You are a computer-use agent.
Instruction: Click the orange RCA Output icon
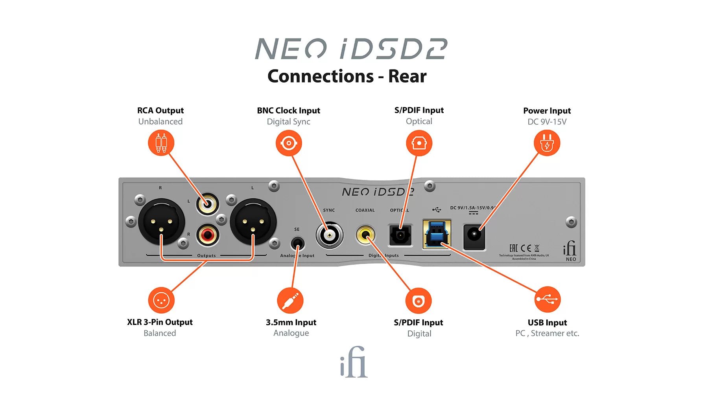click(x=161, y=143)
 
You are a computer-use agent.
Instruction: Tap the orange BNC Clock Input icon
click(x=289, y=143)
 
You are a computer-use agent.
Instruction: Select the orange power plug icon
click(x=547, y=143)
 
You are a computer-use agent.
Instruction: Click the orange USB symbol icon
click(x=547, y=299)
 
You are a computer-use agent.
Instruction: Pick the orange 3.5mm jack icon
click(x=290, y=301)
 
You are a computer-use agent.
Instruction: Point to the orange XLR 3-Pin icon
click(x=161, y=301)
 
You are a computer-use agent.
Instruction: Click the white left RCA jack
click(x=207, y=204)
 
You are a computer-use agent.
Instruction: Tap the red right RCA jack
click(x=207, y=235)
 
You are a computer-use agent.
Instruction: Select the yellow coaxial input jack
click(x=366, y=235)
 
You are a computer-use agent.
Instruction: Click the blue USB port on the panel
click(x=436, y=234)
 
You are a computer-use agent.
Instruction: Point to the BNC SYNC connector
click(x=329, y=235)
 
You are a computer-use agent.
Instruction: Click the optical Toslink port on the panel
click(x=400, y=235)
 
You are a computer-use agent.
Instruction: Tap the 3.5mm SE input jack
click(x=297, y=244)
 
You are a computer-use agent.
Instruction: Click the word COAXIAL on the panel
click(x=365, y=210)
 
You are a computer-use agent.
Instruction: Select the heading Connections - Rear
click(x=347, y=76)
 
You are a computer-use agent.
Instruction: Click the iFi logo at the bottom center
click(x=354, y=362)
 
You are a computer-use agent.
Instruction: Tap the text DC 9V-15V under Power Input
click(x=547, y=122)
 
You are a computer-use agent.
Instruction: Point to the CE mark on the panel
click(x=525, y=248)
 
